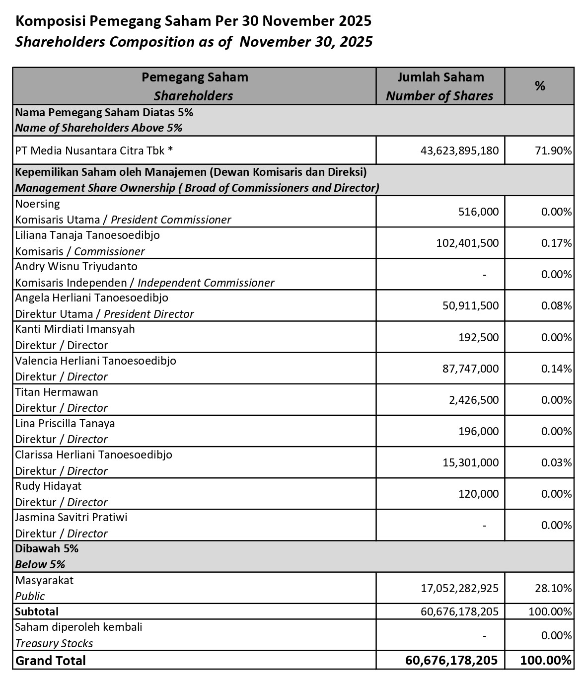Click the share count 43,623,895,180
459,151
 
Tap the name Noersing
38,204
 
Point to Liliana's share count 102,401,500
467,243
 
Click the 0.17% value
556,243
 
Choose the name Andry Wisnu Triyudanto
76,266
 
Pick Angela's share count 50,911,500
470,305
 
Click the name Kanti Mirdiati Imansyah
75,329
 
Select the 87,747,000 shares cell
470,369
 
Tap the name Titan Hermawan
57,392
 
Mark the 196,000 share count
478,431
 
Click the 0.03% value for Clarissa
556,462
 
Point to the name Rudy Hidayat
48,486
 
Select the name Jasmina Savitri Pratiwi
71,517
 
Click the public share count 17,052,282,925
459,588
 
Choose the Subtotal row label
37,611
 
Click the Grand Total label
51,661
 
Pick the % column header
540,86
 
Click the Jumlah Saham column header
440,77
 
